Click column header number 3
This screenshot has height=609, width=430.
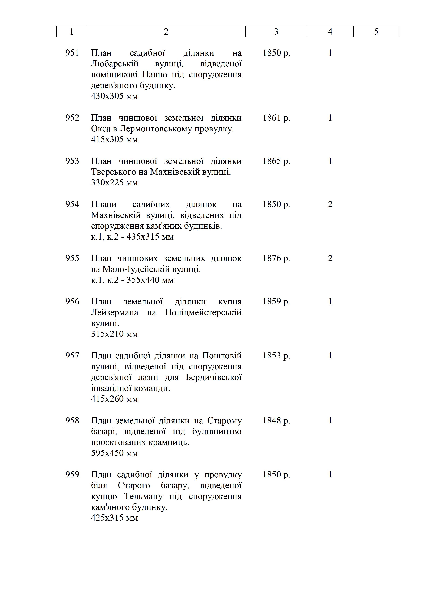pos(276,32)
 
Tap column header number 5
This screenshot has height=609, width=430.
pos(376,32)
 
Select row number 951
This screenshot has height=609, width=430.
pos(72,53)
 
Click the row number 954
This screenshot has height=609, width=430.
pos(72,204)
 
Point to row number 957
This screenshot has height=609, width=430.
pos(72,356)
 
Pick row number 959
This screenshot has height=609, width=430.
pos(72,474)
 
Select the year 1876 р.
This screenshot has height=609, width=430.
pos(276,258)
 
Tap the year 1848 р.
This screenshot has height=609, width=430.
pos(276,421)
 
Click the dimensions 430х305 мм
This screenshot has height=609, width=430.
pos(114,96)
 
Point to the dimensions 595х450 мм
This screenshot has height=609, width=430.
pos(114,453)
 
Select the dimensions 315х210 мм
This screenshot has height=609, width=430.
pos(114,334)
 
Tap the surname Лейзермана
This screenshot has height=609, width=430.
pos(114,312)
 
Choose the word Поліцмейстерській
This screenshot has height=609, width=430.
pos(203,312)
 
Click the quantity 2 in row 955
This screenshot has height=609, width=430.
pos(330,258)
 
